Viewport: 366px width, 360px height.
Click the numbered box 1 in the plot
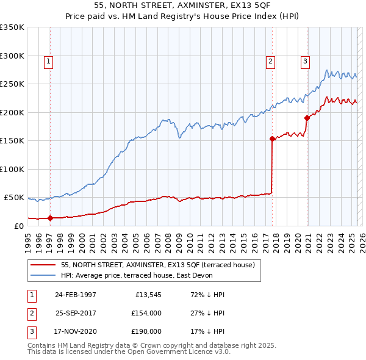(x=48, y=60)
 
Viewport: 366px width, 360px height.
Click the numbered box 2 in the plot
(x=270, y=60)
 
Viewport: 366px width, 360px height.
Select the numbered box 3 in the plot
(x=304, y=60)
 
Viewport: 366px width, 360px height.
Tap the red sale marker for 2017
(x=272, y=139)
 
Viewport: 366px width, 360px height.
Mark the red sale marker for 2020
(x=307, y=118)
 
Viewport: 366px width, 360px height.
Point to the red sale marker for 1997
(x=50, y=218)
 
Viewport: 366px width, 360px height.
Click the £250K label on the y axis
(x=12, y=84)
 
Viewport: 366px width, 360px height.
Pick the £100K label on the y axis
(x=12, y=169)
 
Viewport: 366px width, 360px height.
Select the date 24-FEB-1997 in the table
(x=75, y=295)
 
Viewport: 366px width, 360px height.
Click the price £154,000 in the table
(x=146, y=313)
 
